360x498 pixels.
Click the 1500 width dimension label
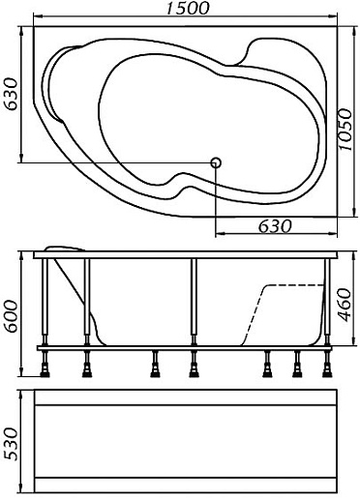[x=188, y=8]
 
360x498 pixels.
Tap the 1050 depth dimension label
[x=345, y=130]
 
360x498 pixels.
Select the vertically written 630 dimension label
[x=13, y=94]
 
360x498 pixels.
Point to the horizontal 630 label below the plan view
[x=275, y=226]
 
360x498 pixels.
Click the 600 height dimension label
[x=13, y=316]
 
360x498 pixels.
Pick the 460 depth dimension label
[x=345, y=305]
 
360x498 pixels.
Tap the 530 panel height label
[x=11, y=444]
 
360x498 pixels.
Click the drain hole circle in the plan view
[x=216, y=162]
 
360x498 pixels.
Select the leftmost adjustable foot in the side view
[x=45, y=364]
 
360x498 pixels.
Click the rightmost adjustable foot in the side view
[x=327, y=364]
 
